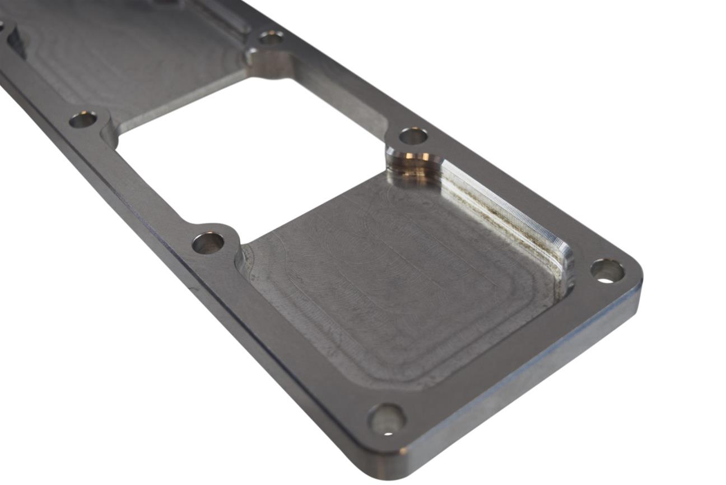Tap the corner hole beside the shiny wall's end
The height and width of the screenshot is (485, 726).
tap(607, 271)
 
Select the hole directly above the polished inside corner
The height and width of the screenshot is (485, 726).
tap(413, 136)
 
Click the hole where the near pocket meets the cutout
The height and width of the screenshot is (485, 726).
tap(208, 243)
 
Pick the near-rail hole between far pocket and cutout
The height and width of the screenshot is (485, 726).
tap(83, 119)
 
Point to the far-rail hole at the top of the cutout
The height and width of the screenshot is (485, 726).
tap(271, 38)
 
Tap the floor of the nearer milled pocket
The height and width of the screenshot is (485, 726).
tap(392, 280)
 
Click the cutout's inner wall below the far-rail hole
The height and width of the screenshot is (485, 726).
tap(342, 98)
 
